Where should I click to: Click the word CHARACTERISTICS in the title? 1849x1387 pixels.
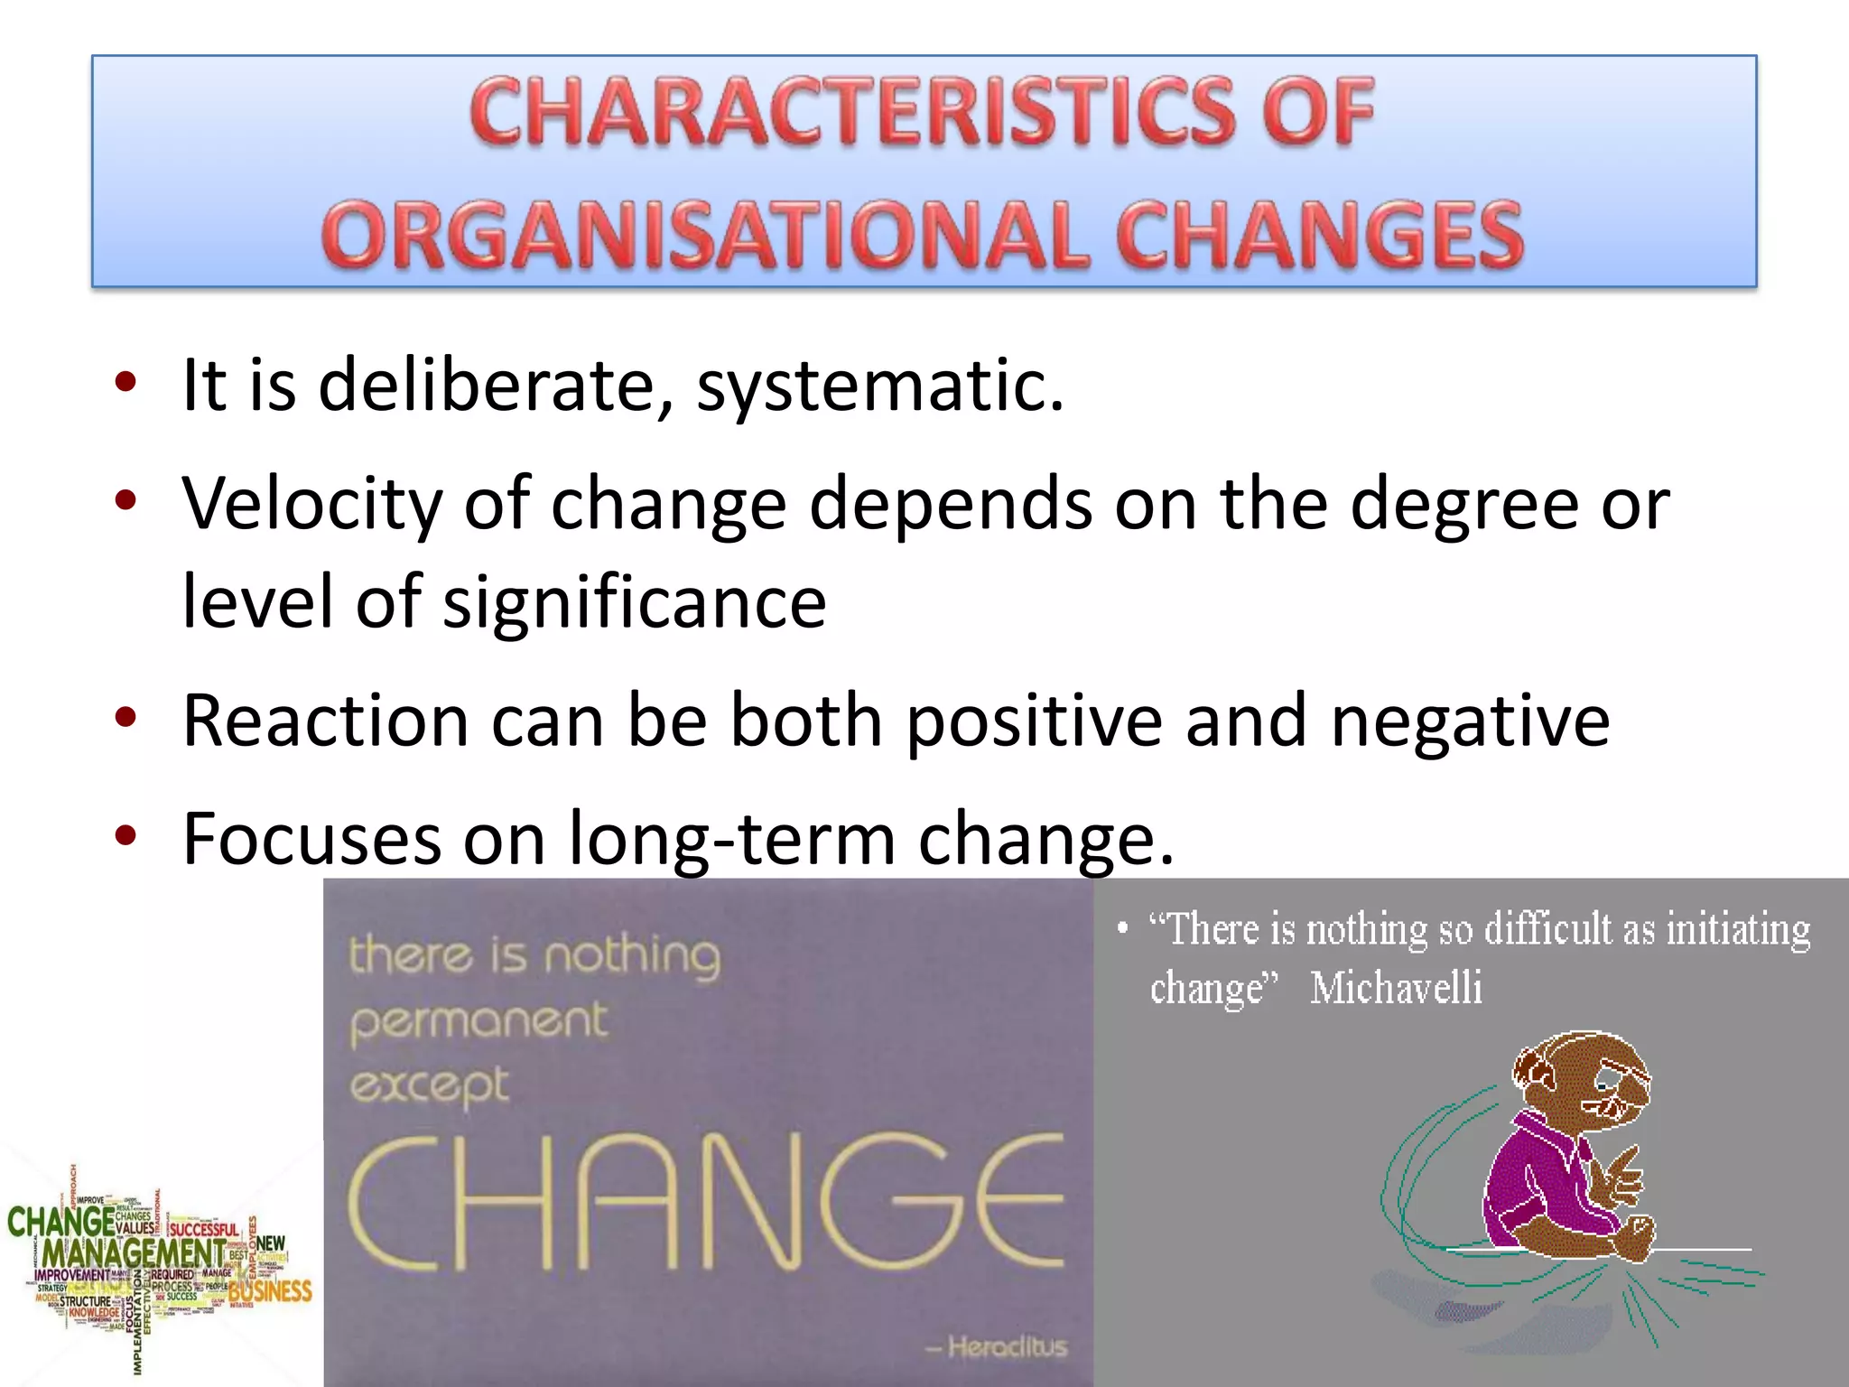coord(849,113)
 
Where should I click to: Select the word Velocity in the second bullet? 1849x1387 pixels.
coord(311,503)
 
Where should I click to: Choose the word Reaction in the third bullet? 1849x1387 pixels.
coord(325,721)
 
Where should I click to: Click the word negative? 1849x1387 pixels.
coord(1470,721)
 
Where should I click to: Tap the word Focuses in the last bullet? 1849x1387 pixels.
coord(311,839)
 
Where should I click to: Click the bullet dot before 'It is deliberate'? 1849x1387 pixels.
coord(125,382)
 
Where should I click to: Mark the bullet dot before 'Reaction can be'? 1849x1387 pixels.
coord(125,718)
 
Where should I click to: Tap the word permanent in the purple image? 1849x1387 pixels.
coord(479,1021)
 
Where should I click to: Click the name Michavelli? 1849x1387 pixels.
coord(1396,987)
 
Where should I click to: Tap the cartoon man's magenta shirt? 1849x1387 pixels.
coord(1535,1174)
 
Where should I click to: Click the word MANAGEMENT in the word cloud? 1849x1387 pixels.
coord(134,1253)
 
